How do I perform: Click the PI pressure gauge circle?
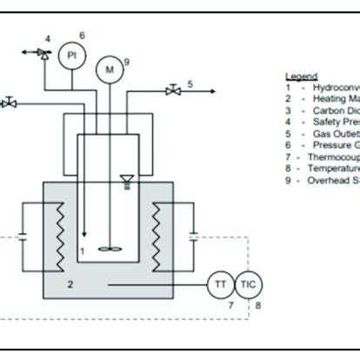[x=72, y=55]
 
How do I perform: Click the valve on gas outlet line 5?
[x=174, y=89]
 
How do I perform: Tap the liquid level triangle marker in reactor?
[x=128, y=182]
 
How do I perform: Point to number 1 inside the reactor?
[x=81, y=251]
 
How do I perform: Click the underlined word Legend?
[x=300, y=77]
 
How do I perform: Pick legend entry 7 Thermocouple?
[x=322, y=157]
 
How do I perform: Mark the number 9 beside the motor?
[x=127, y=62]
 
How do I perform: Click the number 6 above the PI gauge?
[x=81, y=35]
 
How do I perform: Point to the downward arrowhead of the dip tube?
[x=84, y=235]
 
